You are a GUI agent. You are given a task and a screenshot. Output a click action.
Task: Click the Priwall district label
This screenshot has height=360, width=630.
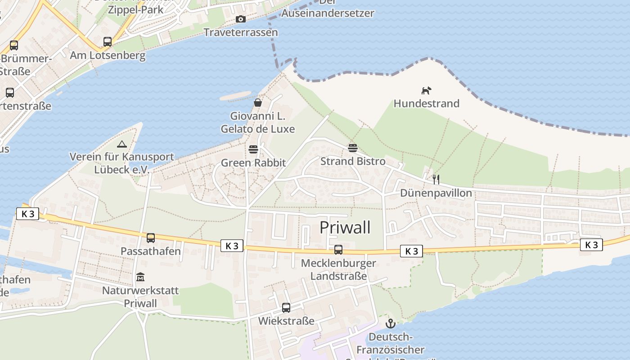coord(345,227)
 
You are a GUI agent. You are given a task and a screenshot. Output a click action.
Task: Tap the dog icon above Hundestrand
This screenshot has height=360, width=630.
coord(426,90)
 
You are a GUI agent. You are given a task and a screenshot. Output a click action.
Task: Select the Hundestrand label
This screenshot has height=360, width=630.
coord(426,103)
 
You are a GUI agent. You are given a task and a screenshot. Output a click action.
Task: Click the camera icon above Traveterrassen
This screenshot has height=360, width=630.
coord(241,19)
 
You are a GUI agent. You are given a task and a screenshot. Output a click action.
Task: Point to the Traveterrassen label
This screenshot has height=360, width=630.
coord(241,32)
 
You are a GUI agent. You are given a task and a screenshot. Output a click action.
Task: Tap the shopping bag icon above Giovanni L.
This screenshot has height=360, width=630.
coord(258,103)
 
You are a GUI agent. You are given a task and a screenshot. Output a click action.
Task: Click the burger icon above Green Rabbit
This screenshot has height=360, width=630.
coord(253,149)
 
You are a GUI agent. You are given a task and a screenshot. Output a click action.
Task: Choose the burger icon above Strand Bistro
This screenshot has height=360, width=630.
coord(353,148)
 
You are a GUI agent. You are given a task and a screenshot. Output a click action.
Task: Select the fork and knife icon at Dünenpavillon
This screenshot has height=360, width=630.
coord(436,180)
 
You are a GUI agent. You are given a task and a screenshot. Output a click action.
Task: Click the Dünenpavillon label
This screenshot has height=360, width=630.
coord(436,193)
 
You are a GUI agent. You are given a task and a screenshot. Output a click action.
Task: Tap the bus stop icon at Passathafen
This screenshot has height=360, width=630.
coord(151,238)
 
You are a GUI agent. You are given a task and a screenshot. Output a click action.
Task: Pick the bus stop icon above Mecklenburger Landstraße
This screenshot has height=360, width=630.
coord(338,249)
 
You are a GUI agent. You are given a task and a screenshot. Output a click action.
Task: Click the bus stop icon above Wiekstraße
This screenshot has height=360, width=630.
coord(286,308)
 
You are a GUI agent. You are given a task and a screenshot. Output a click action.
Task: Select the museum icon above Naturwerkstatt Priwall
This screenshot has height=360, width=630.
coord(140,277)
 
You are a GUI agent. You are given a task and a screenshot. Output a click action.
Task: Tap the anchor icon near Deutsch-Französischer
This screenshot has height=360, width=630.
coord(390,323)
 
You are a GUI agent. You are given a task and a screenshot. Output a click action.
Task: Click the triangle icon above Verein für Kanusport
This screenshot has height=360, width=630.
coord(121,144)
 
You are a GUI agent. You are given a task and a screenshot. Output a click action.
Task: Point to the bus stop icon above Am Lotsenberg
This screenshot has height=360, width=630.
coord(108,42)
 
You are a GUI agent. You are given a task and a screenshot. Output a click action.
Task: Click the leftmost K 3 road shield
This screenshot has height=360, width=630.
coord(28,214)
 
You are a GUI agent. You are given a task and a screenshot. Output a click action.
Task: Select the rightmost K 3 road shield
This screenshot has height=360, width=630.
coord(591,244)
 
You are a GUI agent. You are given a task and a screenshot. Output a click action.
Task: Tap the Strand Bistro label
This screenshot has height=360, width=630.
coord(353,161)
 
